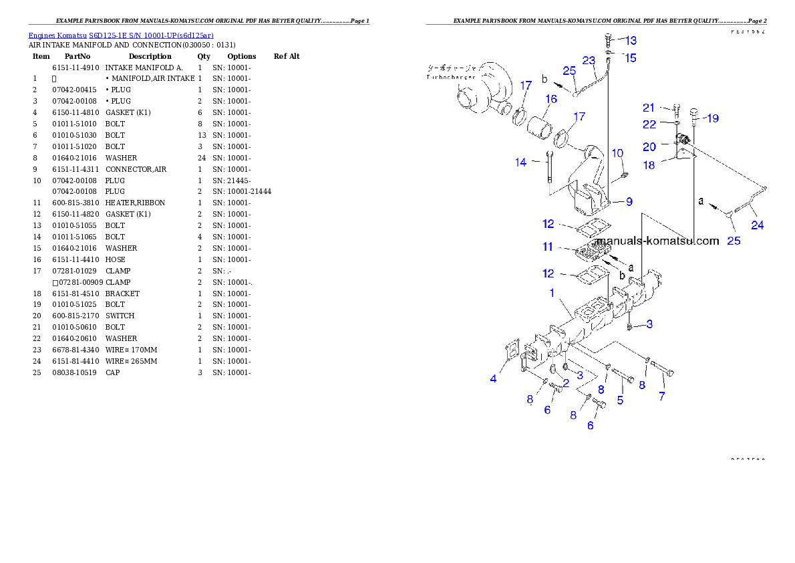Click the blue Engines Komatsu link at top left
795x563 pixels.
coord(121,35)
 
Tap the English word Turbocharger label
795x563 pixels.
coord(452,78)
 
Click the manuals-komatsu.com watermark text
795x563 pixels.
coord(657,241)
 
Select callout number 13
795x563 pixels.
coord(631,41)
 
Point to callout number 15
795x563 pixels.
coord(631,58)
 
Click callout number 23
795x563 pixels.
coord(589,60)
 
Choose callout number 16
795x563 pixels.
coord(550,100)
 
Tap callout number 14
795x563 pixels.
coord(521,162)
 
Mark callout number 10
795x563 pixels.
coord(617,153)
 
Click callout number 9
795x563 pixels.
coord(629,201)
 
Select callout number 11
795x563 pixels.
coord(548,247)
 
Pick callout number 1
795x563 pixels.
coord(552,293)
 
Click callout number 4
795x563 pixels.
coord(493,378)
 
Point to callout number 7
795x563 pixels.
coord(661,396)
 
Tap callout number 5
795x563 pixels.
coord(620,400)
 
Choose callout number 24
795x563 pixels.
coord(757,225)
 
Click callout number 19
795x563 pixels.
coord(712,118)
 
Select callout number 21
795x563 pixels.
coord(649,108)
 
